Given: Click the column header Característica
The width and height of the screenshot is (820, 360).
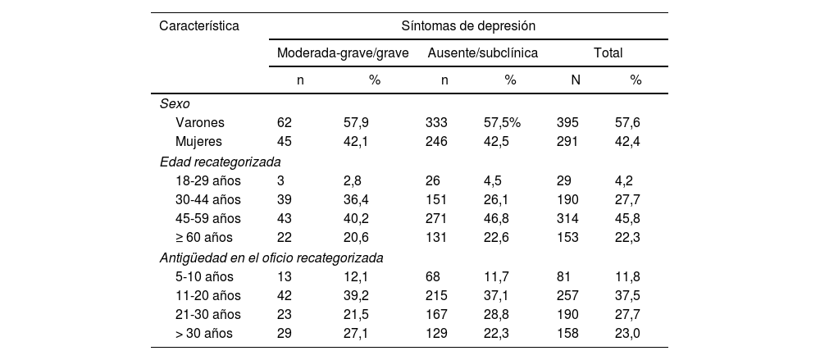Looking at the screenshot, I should [x=199, y=25].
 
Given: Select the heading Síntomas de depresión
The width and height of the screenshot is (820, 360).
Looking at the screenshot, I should [x=468, y=25].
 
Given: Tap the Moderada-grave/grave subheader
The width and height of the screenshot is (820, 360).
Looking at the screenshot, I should [x=343, y=52].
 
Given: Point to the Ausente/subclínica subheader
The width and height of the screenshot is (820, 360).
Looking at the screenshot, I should [x=483, y=52].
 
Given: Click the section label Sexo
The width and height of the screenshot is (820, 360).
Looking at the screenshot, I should [x=173, y=103].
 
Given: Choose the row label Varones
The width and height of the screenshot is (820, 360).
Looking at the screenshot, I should [x=200, y=122].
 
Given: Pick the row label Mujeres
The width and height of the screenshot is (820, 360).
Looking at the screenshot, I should [x=199, y=141].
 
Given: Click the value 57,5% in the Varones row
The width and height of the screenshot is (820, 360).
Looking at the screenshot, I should [x=503, y=122].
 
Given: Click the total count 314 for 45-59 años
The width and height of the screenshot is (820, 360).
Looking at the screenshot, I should [x=567, y=219].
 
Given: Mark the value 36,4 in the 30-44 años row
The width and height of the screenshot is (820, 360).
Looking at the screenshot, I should [x=356, y=199].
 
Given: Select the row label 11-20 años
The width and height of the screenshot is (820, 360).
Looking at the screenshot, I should [x=208, y=295].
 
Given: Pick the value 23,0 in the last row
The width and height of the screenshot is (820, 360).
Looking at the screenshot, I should [x=627, y=334].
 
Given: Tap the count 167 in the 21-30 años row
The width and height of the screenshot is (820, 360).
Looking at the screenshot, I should [x=436, y=315].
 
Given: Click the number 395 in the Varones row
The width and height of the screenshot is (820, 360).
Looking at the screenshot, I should [x=567, y=122].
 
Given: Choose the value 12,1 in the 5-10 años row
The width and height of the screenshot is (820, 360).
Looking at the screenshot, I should [x=356, y=276].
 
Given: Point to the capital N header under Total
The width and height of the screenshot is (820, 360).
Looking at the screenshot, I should [x=576, y=80].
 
